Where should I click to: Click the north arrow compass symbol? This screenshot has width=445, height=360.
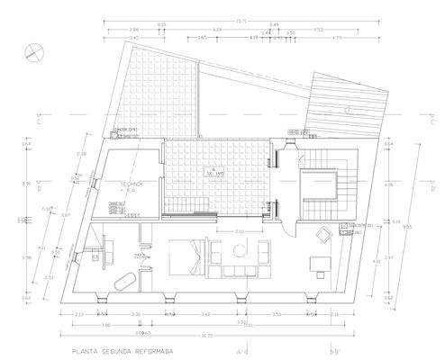[32, 49]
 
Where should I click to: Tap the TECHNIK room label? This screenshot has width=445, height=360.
[132, 184]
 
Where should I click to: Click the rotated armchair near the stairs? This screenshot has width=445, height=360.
[322, 235]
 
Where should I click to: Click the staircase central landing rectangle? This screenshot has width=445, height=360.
[322, 187]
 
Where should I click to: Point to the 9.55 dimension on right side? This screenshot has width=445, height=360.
[408, 227]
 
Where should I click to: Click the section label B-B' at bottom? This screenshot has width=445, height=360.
[336, 352]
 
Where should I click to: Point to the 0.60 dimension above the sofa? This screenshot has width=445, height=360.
[240, 232]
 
